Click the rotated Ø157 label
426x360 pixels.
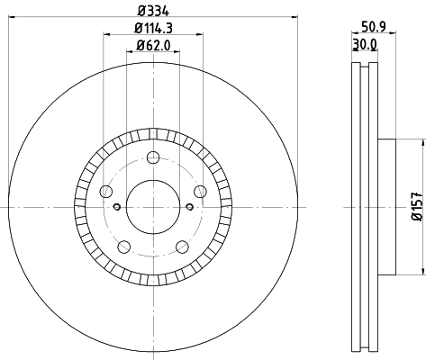pyautogui.click(x=417, y=206)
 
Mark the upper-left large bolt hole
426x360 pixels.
pyautogui.click(x=106, y=192)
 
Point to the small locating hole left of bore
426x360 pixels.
pyautogui.click(x=120, y=206)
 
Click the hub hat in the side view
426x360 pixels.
pyautogui.click(x=385, y=206)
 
